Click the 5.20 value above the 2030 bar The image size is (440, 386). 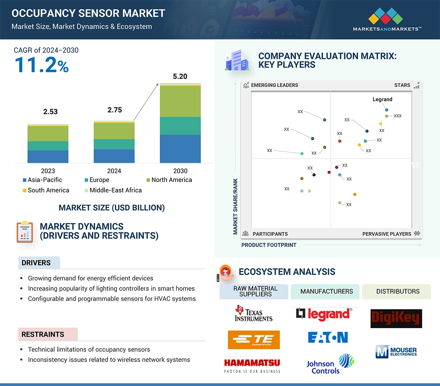180,76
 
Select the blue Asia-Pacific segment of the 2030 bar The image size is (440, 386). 180,149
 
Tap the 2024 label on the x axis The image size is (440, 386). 114,171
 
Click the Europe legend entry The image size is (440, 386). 97,180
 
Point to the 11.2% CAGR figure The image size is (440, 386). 41,65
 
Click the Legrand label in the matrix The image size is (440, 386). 382,99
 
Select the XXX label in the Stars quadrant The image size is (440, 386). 398,116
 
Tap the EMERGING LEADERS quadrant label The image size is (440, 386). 274,85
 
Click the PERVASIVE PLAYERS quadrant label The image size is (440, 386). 387,234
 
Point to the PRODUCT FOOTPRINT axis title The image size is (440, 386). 269,245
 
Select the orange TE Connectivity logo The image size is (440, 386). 253,340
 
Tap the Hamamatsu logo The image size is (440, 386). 252,365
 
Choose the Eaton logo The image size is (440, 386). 328,337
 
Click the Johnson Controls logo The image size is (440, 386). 330,364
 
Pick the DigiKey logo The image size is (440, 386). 396,319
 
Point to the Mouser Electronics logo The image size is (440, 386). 396,351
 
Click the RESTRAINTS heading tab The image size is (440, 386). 43,334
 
